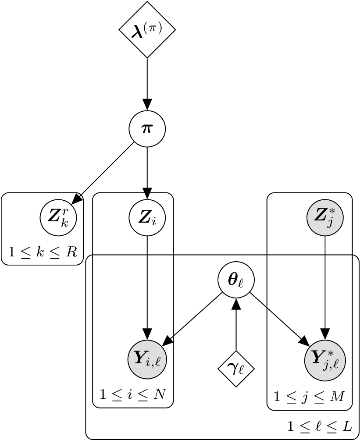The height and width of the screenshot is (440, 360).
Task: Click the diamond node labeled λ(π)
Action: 147,29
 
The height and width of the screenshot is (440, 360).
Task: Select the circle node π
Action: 147,129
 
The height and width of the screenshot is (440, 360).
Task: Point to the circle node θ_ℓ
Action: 236,280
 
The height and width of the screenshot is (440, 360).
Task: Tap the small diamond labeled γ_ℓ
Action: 236,369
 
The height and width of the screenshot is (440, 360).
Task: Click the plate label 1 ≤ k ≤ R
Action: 43,252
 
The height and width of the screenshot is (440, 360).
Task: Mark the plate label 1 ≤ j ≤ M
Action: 309,397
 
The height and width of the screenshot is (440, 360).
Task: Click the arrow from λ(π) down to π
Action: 147,83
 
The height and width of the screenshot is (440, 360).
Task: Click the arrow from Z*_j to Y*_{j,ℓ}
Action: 324,285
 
